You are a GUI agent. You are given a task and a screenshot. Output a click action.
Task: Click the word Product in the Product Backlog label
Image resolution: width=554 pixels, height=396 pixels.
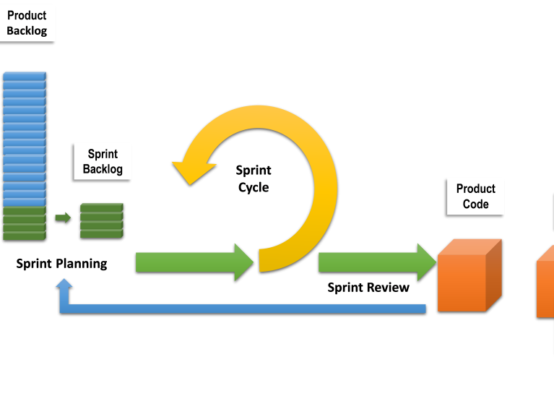tap(27, 15)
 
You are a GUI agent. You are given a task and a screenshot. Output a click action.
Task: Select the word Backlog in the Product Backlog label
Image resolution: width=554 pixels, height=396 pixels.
tap(27, 31)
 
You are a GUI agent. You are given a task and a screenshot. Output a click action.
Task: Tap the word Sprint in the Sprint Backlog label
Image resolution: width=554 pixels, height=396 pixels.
tap(103, 154)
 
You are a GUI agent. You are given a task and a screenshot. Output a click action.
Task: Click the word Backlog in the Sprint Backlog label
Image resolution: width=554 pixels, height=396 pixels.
tap(103, 170)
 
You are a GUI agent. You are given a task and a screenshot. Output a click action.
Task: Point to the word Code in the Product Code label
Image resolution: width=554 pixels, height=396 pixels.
tap(476, 205)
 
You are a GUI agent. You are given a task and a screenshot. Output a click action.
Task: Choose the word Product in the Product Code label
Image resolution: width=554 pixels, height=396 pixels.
tap(476, 189)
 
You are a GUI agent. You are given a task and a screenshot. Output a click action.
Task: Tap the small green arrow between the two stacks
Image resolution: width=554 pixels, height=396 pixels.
tap(64, 218)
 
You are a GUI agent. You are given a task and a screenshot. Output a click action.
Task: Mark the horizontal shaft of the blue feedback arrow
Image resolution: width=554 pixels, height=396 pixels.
tap(246, 309)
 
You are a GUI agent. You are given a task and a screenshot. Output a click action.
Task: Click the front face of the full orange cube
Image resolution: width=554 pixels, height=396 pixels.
tap(462, 283)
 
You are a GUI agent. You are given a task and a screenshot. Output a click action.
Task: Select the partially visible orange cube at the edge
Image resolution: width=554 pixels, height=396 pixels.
tap(545, 285)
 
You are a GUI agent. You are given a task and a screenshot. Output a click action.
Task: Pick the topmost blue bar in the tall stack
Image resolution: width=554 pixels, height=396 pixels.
tap(25, 76)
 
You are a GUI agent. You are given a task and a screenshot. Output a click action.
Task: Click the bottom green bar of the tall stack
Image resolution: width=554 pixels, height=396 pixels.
tap(25, 236)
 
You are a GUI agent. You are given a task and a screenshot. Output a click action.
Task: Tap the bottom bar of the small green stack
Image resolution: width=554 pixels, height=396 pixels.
tap(101, 234)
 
